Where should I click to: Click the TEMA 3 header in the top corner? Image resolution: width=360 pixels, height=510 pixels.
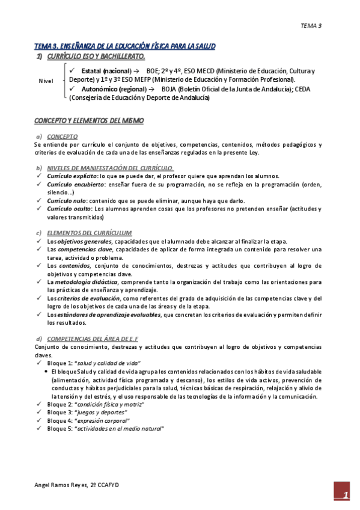click(311, 26)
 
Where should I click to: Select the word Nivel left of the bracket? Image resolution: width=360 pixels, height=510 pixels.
click(46, 80)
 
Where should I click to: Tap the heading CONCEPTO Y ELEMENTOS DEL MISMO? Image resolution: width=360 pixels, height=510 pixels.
click(89, 121)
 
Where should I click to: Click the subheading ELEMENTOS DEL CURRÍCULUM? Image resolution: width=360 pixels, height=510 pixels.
click(90, 233)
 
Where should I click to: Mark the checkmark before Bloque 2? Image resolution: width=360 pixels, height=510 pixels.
click(38, 404)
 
